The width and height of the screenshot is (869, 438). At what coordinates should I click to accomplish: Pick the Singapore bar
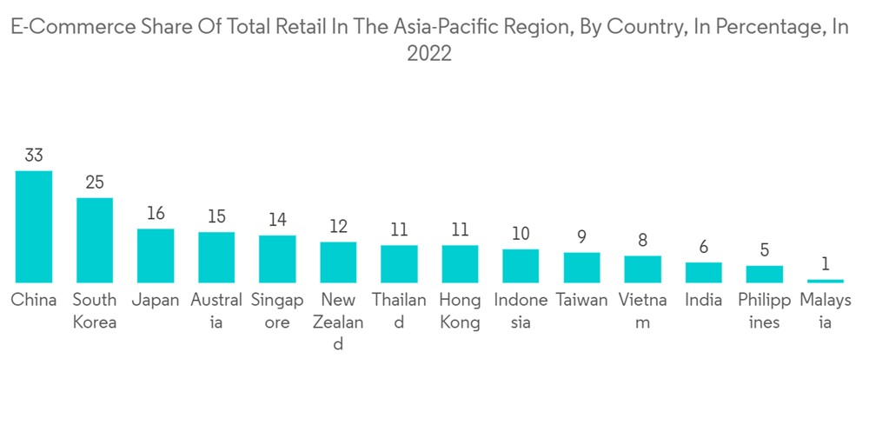[x=277, y=259]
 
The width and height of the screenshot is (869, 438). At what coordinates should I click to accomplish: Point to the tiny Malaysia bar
[x=825, y=281]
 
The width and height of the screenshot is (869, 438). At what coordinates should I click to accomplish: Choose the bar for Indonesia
[x=521, y=266]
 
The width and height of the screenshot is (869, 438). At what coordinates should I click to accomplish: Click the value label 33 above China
[x=34, y=156]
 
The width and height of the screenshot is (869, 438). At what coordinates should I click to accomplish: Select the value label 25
[x=95, y=182]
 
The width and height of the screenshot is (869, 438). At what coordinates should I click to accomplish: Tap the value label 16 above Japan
[x=156, y=214]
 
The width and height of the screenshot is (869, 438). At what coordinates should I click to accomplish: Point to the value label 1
[x=825, y=263]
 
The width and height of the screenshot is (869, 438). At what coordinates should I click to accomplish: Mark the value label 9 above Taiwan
[x=581, y=236]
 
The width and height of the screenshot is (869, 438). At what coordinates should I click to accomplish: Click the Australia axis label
[x=216, y=311]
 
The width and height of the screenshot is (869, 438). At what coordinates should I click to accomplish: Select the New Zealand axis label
[x=338, y=322]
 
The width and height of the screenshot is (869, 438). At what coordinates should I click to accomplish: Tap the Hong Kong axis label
[x=460, y=311]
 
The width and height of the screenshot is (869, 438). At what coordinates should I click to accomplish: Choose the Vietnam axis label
[x=642, y=311]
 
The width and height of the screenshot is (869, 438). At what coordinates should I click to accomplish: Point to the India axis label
[x=703, y=301]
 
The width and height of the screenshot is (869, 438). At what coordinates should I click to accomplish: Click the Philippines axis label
[x=764, y=311]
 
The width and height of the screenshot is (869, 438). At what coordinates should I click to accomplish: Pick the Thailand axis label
[x=399, y=311]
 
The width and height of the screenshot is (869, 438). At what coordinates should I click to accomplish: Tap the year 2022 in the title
[x=429, y=54]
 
